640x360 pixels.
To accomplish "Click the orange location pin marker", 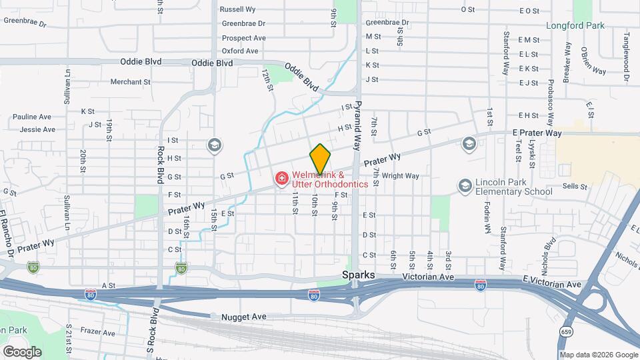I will [320, 159].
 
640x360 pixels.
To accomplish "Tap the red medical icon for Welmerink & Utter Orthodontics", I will [281, 178].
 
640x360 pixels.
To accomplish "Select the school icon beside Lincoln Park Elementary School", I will [465, 185].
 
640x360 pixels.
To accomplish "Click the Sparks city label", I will [359, 275].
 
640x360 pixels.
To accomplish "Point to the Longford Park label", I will [575, 26].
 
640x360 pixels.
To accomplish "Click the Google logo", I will [22, 351].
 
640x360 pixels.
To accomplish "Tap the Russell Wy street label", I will [238, 10].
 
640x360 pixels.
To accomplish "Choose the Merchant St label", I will [130, 82].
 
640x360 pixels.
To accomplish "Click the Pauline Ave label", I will [31, 117].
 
